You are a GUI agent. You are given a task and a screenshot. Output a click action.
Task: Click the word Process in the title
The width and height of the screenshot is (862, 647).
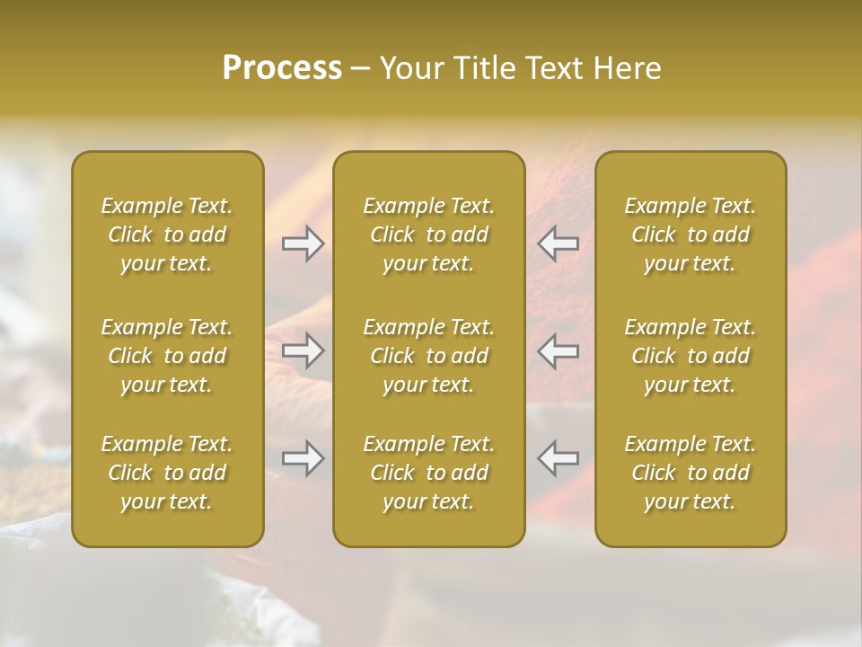click(x=282, y=68)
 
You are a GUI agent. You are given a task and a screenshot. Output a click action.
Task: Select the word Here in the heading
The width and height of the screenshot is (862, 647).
click(x=627, y=68)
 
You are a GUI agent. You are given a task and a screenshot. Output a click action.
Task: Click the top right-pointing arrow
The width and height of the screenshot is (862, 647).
click(x=303, y=244)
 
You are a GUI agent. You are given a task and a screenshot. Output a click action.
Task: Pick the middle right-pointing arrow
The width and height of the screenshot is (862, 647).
click(x=303, y=350)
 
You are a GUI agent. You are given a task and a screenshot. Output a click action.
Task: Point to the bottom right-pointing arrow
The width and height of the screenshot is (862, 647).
click(x=303, y=458)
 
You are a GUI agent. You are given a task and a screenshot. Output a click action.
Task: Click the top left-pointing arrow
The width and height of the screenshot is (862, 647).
click(x=559, y=244)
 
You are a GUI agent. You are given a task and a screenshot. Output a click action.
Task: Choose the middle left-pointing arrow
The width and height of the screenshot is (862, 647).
click(x=559, y=350)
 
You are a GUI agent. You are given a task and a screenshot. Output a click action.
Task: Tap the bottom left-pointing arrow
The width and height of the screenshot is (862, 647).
click(x=559, y=458)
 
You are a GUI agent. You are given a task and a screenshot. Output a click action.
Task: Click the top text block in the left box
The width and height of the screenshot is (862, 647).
click(x=167, y=235)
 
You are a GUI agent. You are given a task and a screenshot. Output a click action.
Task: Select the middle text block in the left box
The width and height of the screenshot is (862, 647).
click(x=167, y=356)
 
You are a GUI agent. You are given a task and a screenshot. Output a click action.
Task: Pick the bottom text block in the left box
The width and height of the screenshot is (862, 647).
click(x=167, y=473)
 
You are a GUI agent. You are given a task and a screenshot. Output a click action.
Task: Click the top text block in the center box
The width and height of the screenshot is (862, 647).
click(x=429, y=235)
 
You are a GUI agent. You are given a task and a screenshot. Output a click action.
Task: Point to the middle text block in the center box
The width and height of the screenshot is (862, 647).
click(x=429, y=356)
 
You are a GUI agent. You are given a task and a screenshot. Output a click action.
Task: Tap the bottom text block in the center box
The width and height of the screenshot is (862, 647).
click(x=429, y=473)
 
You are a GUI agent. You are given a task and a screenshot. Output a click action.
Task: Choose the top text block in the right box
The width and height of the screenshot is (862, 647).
click(x=690, y=235)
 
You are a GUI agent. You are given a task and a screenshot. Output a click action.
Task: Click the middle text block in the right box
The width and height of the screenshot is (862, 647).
click(x=690, y=356)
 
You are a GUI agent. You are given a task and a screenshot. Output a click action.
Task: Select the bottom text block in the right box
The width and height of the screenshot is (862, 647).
click(x=690, y=473)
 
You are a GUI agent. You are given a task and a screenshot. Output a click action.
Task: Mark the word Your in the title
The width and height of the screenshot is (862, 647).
click(x=409, y=68)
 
